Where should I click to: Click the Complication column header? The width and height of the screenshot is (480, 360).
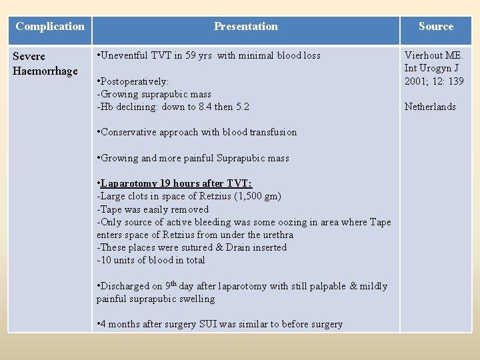(50, 27)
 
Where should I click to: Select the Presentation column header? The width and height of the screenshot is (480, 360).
(245, 27)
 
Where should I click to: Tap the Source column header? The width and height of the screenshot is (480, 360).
(435, 27)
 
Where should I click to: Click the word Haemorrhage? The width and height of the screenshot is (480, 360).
(45, 71)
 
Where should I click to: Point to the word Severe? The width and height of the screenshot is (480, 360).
(29, 57)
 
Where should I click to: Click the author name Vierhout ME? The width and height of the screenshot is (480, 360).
(433, 56)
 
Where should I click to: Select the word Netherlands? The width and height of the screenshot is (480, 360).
(430, 107)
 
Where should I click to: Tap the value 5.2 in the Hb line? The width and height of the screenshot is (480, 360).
(242, 107)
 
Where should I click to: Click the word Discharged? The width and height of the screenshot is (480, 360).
(127, 286)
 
